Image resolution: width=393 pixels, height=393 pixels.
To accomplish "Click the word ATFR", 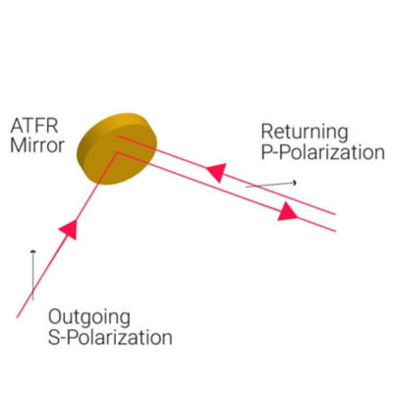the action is click(x=34, y=126).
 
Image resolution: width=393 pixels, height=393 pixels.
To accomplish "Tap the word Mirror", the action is click(x=37, y=145).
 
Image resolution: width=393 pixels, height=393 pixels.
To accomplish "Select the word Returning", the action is click(x=305, y=133).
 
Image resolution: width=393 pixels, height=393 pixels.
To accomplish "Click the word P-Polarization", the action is click(x=323, y=152).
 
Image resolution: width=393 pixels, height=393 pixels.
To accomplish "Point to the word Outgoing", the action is click(x=89, y=317).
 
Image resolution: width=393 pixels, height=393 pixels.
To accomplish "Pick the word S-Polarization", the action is click(x=110, y=337).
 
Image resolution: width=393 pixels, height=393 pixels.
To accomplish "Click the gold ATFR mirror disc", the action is click(x=117, y=148).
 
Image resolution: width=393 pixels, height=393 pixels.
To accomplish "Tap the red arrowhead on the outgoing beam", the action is click(x=69, y=229).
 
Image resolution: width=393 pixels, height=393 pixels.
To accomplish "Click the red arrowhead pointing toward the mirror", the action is click(x=216, y=172).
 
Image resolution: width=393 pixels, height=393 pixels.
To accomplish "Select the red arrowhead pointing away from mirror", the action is click(x=287, y=211).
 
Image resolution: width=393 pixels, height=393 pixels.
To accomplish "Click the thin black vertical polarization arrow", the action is click(x=32, y=275).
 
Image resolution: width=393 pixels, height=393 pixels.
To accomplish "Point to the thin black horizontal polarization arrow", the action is click(x=271, y=185).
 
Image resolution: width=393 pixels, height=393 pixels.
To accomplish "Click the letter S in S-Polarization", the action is click(x=54, y=337).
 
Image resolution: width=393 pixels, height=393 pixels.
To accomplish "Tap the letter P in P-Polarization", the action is click(x=266, y=152).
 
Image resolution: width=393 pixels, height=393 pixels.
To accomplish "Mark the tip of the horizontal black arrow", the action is click(x=296, y=183).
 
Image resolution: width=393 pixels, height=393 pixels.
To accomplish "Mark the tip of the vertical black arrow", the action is click(x=32, y=251).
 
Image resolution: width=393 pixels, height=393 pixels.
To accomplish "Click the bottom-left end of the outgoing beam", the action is click(x=17, y=317).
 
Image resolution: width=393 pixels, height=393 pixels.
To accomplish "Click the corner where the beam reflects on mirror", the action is click(x=116, y=152).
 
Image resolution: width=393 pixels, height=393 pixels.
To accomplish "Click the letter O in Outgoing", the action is click(x=55, y=316).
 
